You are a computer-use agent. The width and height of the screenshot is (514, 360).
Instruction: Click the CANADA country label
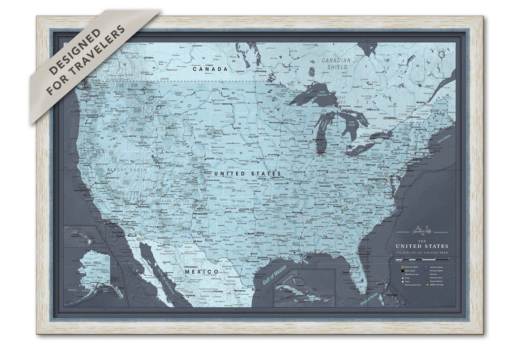tap(210, 69)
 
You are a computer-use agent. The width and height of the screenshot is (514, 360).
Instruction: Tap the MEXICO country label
tap(201, 271)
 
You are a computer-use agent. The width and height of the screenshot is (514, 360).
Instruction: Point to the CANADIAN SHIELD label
tap(336, 64)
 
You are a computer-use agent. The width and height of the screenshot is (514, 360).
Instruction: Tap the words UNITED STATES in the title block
tap(422, 246)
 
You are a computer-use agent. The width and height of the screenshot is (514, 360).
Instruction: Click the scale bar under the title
tap(422, 259)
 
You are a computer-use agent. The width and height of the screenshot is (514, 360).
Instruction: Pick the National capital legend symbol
tap(403, 268)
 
